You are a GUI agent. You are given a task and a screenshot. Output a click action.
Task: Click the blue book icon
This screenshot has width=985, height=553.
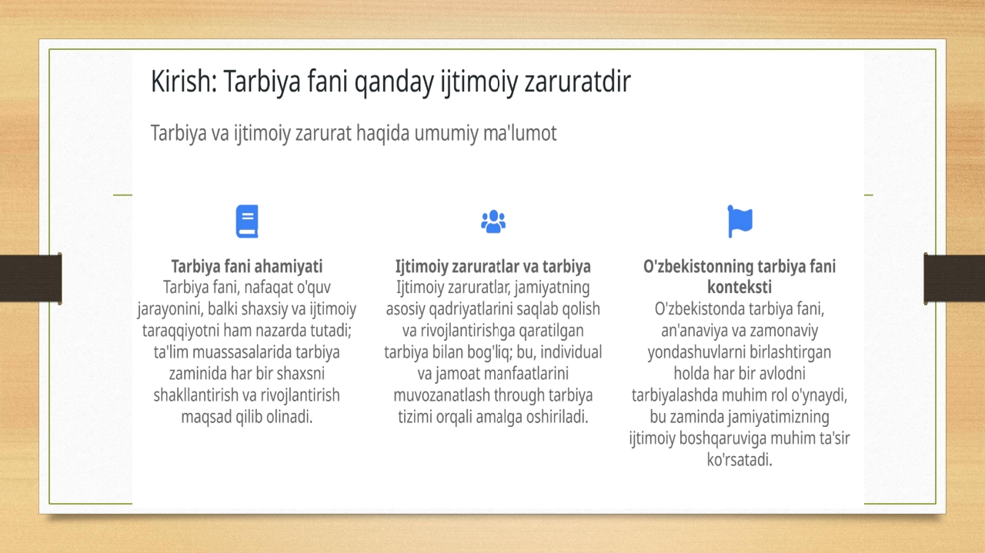pos(247,221)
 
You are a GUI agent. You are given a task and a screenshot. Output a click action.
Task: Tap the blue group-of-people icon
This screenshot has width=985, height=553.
pos(493,221)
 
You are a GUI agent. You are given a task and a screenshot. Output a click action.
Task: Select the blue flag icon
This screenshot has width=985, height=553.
pos(740,221)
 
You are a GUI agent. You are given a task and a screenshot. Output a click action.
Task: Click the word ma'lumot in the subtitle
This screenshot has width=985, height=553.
pos(519,133)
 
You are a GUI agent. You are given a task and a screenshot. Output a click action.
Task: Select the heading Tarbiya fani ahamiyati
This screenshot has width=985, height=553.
pos(247,266)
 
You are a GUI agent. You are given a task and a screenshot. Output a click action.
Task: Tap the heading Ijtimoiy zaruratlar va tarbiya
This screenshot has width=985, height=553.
pos(493,266)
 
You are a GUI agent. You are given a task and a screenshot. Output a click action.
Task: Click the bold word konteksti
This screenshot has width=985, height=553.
pos(740,287)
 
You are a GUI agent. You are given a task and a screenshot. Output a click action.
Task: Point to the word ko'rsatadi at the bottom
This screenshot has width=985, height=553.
pos(740,460)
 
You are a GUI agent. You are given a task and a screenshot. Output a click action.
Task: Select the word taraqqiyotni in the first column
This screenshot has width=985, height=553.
pos(180,331)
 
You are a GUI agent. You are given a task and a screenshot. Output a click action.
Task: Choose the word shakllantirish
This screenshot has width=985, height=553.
pos(195,395)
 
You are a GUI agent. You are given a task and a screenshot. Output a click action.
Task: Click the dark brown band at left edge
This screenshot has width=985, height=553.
pos(31,278)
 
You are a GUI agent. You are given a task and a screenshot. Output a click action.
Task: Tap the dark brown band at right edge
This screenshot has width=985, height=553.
pos(954,278)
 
